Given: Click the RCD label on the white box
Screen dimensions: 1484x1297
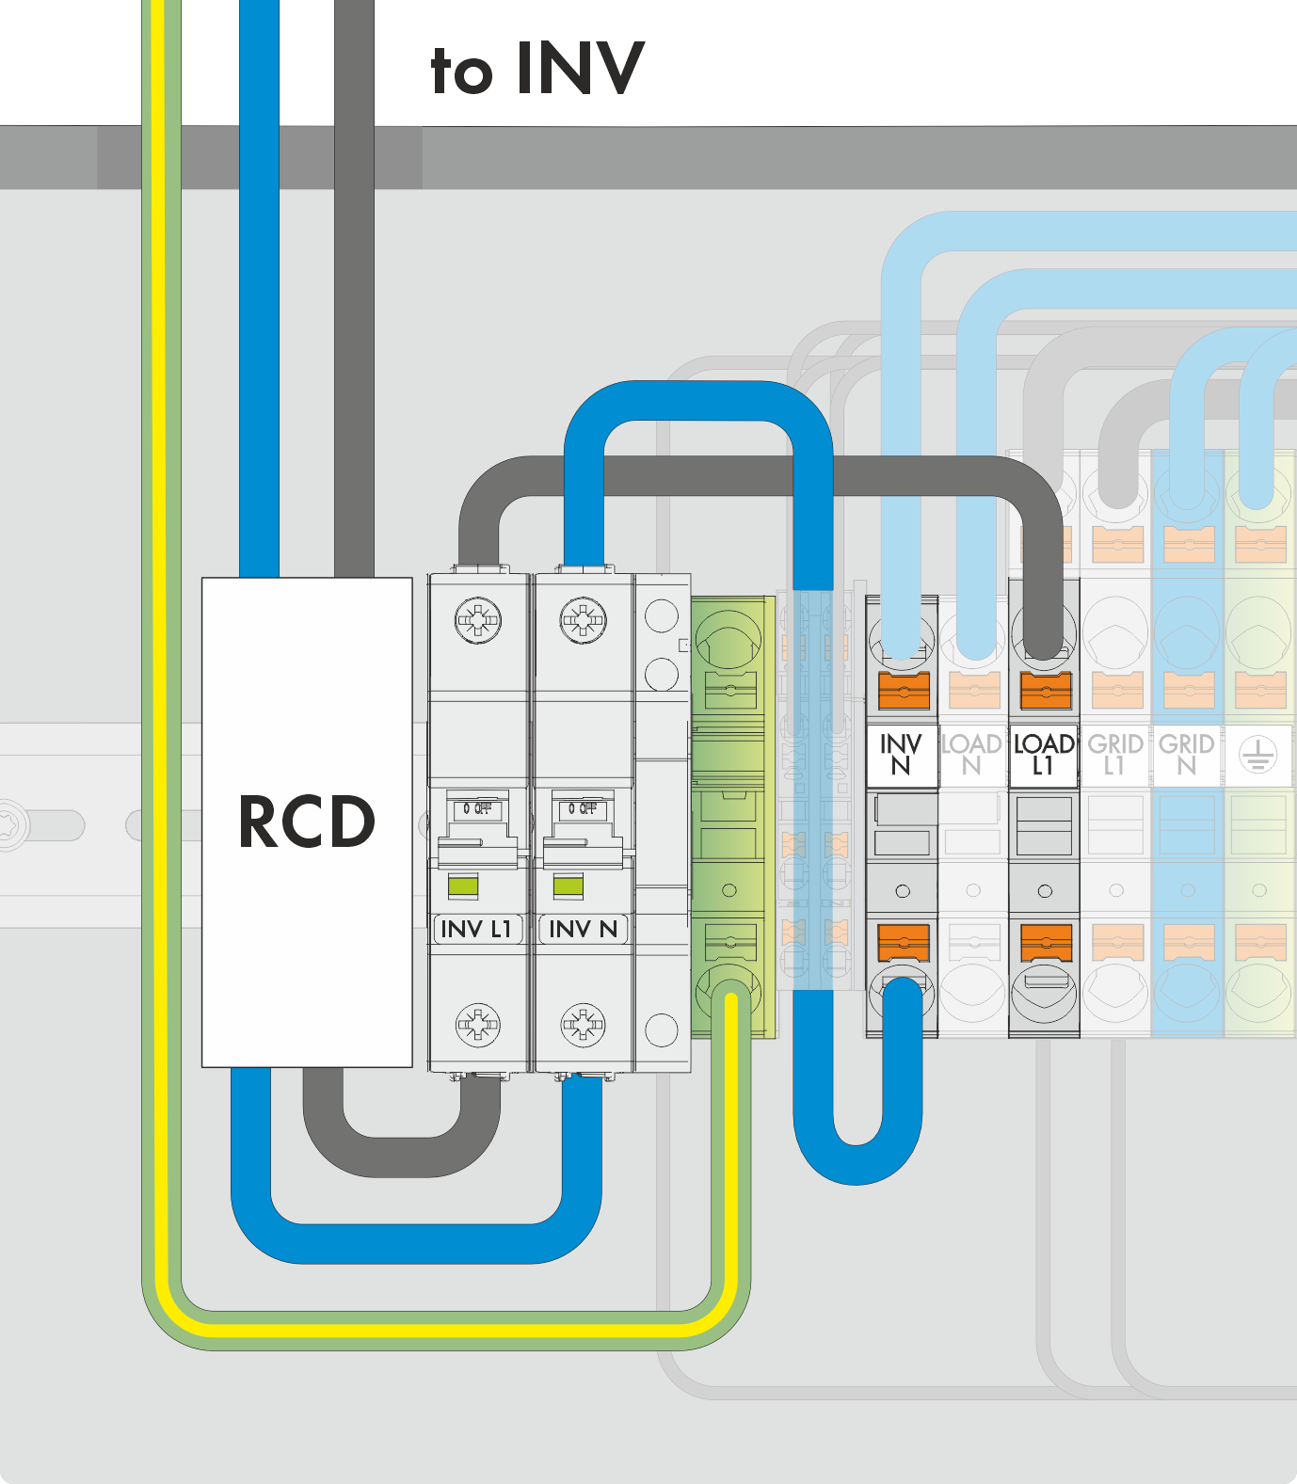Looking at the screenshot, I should coord(307,822).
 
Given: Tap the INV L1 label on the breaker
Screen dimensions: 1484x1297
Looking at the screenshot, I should coord(476,929).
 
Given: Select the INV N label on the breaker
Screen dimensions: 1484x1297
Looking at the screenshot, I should coord(583,929).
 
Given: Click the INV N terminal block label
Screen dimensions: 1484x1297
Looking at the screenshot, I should coord(901,755).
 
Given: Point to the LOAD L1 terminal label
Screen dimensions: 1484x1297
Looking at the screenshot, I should coord(1044,755).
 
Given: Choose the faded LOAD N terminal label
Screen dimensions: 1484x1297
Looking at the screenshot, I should coord(972,755).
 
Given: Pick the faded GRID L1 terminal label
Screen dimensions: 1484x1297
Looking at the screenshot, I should coord(1115,755).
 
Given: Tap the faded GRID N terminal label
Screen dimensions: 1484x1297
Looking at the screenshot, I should coord(1186,755).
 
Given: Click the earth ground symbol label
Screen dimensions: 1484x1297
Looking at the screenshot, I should coord(1257,755).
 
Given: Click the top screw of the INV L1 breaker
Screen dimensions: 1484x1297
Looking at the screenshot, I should coord(478,620).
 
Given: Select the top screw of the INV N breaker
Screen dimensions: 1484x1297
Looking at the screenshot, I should coord(584,620).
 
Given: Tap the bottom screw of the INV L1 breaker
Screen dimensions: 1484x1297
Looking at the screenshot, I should coord(478,1025).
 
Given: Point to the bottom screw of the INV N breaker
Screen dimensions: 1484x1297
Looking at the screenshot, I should coord(584,1025).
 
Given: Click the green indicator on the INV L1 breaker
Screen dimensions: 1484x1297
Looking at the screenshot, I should coord(463,886).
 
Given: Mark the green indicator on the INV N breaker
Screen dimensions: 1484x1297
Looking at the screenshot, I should coord(568,886).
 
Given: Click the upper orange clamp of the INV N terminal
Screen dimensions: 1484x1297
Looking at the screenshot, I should coord(904,692).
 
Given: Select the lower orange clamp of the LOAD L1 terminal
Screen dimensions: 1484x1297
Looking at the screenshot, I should coord(1046,942).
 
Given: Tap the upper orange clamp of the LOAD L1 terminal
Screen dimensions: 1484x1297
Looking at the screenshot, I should coord(1046,692).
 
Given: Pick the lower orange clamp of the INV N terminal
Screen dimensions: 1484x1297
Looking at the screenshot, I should coord(904,942).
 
